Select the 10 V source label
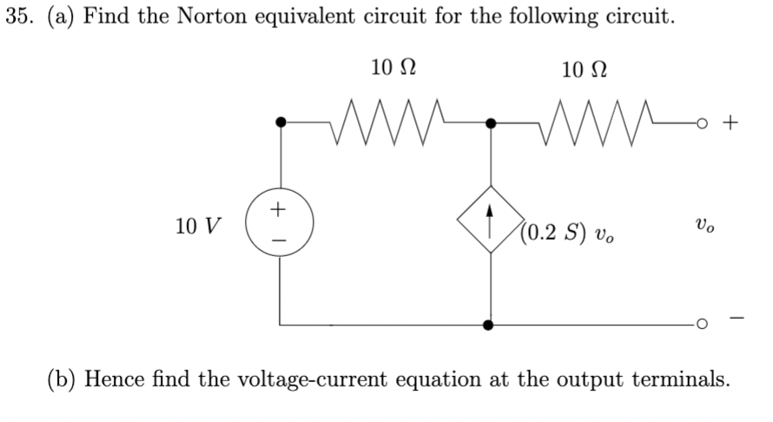point(196,227)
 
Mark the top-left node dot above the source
point(280,123)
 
